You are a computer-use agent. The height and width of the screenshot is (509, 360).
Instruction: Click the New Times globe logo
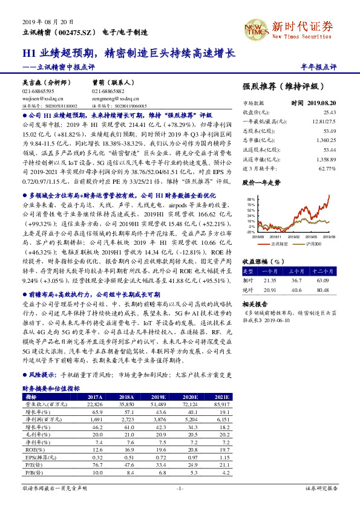(255, 27)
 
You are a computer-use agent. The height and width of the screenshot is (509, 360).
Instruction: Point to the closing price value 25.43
(330, 112)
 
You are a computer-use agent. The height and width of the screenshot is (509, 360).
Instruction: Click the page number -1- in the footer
(179, 488)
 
